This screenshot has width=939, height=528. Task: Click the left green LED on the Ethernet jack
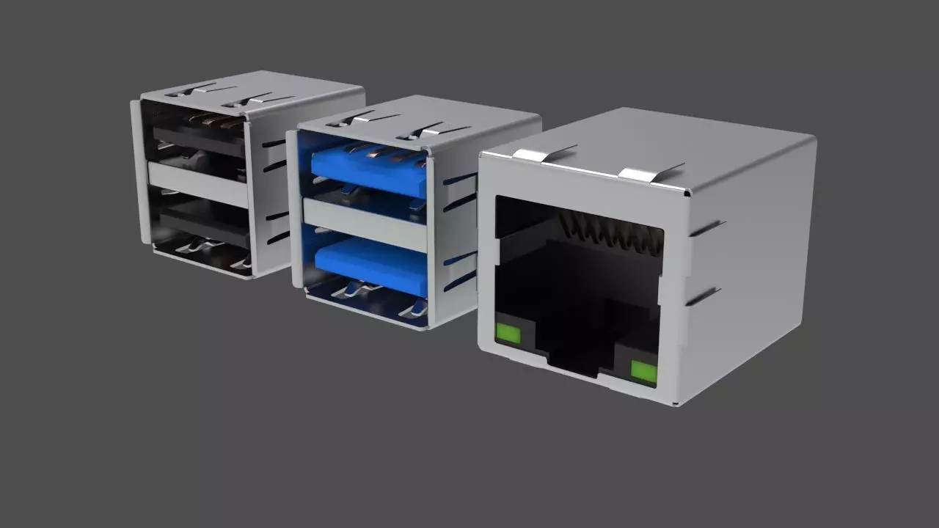point(508,334)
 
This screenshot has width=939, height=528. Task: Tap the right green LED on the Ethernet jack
point(643,372)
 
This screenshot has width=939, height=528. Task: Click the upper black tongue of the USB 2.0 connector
point(199,139)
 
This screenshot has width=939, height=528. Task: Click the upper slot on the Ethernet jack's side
point(706,227)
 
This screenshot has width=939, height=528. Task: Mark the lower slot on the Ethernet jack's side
point(703,296)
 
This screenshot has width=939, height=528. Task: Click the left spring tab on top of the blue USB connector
point(359,119)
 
